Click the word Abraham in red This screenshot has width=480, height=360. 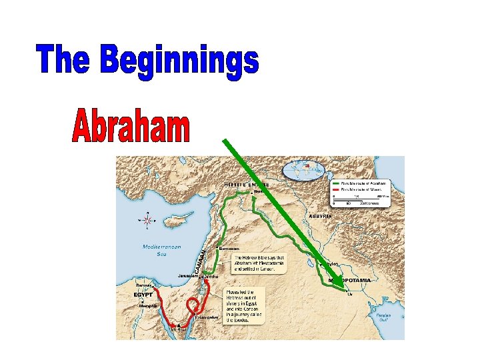[x=131, y=127]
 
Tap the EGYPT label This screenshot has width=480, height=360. [x=144, y=293]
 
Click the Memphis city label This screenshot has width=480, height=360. [x=147, y=306]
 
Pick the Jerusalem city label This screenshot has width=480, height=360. [x=187, y=276]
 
